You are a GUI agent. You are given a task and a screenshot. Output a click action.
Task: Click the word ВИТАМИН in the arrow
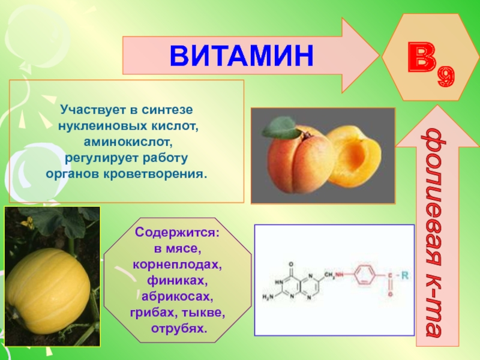click(242, 55)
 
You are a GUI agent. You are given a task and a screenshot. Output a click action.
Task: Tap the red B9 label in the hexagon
click(431, 64)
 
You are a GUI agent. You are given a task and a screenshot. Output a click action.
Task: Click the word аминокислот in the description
click(127, 142)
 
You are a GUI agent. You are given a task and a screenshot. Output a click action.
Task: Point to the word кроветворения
click(155, 174)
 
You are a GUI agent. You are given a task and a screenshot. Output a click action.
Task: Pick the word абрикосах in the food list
click(178, 296)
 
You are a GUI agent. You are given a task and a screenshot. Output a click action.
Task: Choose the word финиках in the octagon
click(178, 280)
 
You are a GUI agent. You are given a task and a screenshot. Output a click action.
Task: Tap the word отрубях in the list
click(179, 328)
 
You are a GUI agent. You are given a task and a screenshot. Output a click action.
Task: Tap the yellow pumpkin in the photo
click(49, 291)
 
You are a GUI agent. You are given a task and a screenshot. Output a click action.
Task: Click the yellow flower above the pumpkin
click(28, 223)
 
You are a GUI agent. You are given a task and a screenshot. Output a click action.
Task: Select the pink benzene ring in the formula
click(365, 275)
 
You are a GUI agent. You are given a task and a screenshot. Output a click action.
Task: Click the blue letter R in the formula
click(404, 275)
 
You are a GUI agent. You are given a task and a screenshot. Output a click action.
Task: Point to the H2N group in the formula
click(268, 296)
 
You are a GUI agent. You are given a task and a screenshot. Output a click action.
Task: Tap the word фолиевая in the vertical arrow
click(434, 200)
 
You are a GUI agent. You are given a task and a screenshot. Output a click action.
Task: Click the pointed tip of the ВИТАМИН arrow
click(379, 55)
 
